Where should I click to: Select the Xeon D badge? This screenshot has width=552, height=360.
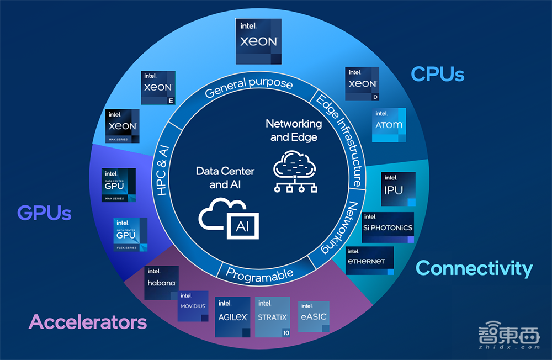coord(362,84)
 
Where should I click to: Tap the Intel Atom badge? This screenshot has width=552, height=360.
coord(389,125)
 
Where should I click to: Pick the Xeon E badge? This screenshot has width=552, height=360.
coord(158,88)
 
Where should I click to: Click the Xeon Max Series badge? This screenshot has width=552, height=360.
coord(122,126)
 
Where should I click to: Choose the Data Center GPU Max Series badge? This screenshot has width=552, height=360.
coord(119,184)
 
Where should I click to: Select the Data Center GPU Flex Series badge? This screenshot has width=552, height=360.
coord(130,235)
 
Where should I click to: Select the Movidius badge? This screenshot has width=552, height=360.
coord(193,306)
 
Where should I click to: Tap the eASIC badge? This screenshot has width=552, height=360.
coord(314,316)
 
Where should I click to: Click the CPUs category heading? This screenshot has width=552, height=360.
coord(438,73)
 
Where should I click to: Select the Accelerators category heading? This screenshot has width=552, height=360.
coord(88,322)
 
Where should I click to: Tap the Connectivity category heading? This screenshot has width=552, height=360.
coord(474,268)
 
